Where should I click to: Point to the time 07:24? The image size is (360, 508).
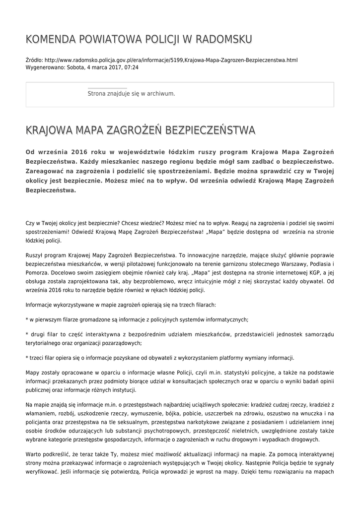(132, 67)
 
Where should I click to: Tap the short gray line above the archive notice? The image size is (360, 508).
(107, 88)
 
